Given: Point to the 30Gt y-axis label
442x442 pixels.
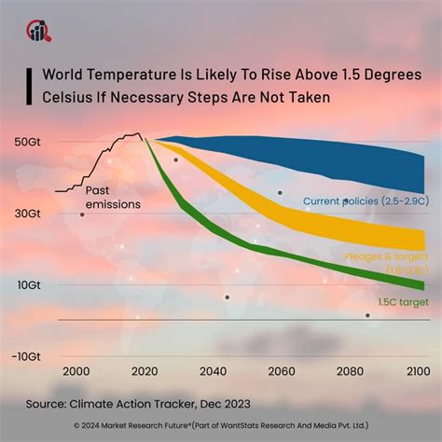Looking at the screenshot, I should pos(27,214).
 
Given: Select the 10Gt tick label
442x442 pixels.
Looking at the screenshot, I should pos(27,284).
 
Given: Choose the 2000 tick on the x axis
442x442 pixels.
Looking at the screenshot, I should pos(74,372).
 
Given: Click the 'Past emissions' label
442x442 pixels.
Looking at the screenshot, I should pos(113,197).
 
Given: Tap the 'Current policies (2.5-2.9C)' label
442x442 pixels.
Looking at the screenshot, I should pos(364,200).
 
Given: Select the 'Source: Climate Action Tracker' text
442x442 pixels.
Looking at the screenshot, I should pos(122,404).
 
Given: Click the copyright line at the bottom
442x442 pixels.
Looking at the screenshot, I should pos(221,427).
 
